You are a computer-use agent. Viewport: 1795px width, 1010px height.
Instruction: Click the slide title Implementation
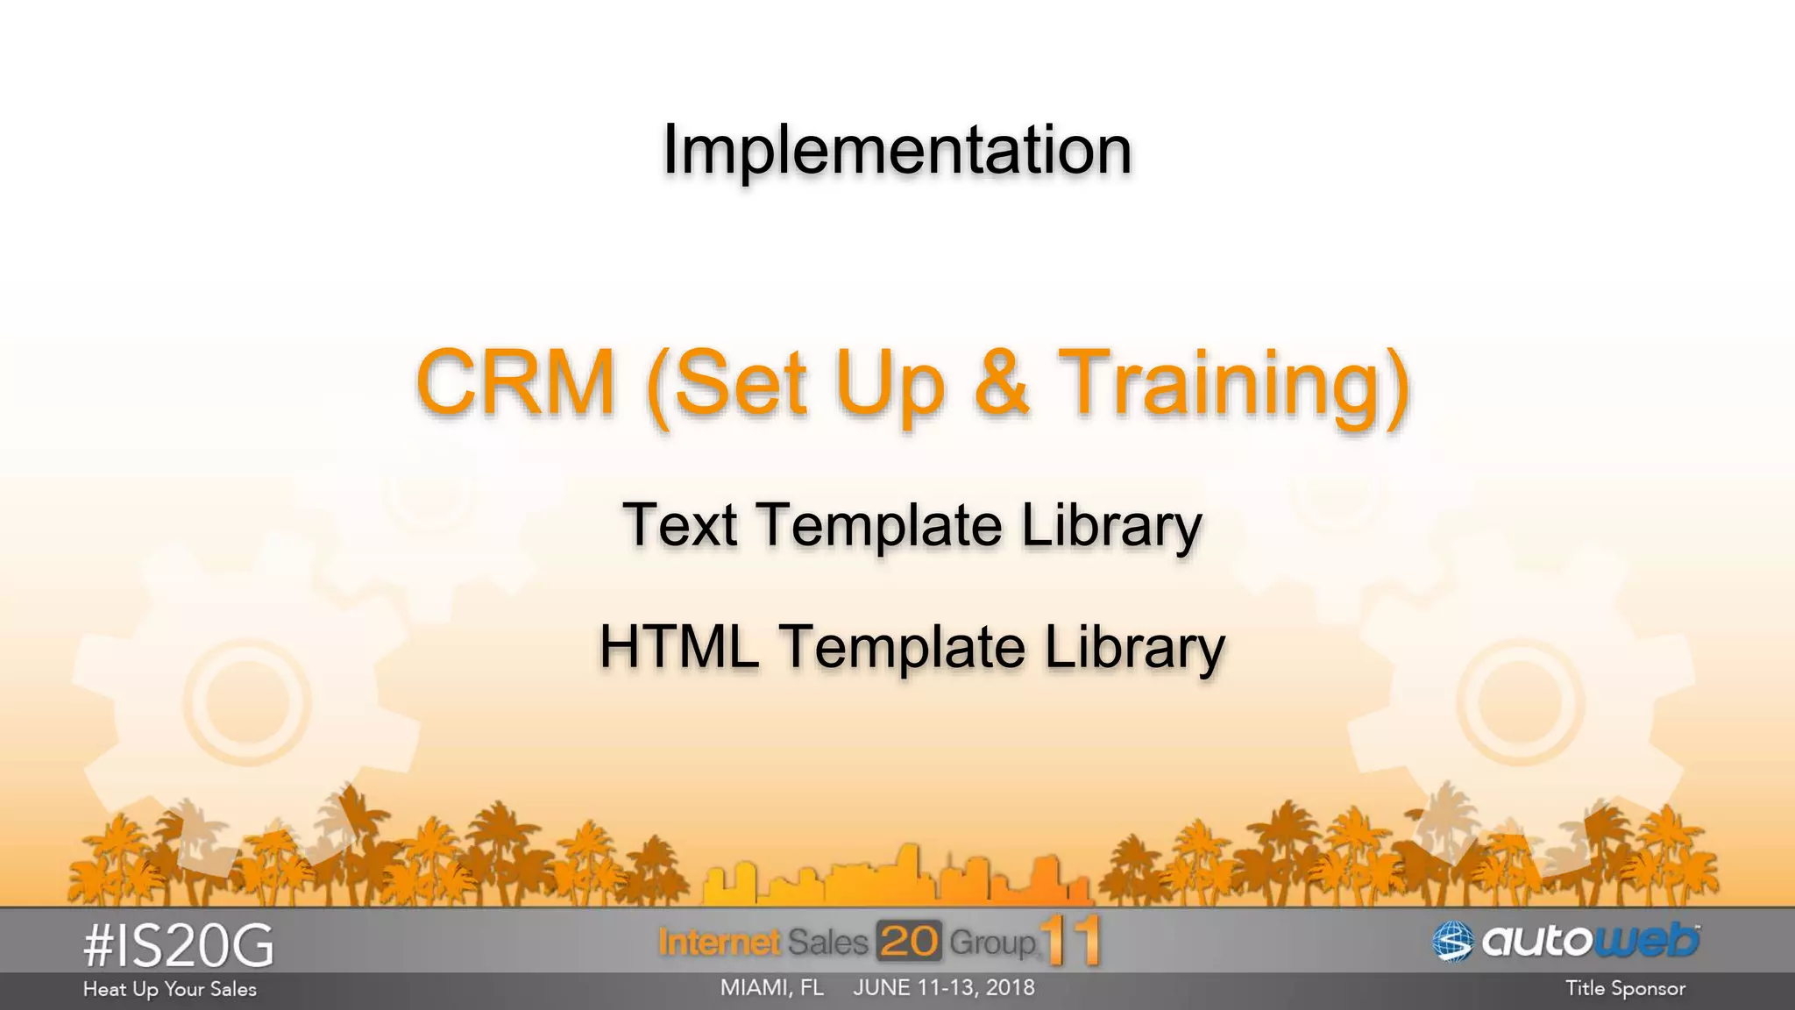pos(897,150)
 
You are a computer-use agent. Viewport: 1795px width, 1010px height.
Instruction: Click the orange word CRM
pos(515,383)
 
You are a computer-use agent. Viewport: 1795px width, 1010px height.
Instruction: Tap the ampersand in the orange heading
pos(1001,383)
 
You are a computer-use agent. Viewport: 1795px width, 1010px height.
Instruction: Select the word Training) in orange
pos(1234,386)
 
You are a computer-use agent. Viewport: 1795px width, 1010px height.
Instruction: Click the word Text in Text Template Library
pos(679,525)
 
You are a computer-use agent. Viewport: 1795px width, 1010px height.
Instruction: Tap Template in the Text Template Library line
pos(879,526)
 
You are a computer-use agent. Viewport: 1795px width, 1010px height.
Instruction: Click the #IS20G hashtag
pos(179,947)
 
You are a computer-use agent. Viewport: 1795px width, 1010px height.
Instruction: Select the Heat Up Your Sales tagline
pos(170,990)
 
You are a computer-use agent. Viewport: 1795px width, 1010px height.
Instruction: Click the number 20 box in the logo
pos(909,942)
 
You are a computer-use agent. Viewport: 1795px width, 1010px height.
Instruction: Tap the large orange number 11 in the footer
pos(1071,941)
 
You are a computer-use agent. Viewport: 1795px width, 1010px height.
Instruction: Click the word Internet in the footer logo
pos(719,942)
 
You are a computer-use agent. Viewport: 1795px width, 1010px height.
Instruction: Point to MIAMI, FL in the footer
pos(771,988)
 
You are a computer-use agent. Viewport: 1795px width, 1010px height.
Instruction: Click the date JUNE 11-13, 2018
pos(944,988)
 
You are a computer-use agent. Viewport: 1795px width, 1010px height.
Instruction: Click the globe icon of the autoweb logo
pos(1452,942)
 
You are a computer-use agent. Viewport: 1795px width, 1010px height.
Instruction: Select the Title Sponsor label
pos(1625,989)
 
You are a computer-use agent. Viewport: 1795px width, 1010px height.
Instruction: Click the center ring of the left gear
pos(247,702)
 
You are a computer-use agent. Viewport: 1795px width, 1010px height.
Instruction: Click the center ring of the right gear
pos(1520,702)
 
